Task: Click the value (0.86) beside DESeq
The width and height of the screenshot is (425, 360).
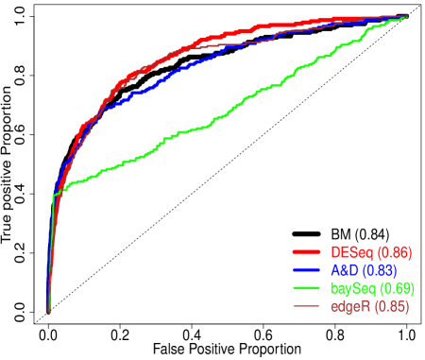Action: point(394,252)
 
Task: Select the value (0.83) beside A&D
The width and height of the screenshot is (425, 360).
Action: point(379,270)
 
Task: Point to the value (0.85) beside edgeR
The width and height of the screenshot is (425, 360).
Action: point(391,306)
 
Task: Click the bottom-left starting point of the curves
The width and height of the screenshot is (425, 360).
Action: point(48,310)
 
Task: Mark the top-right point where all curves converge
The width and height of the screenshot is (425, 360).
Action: point(406,16)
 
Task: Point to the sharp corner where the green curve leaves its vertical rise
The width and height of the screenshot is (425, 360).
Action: point(53,195)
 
